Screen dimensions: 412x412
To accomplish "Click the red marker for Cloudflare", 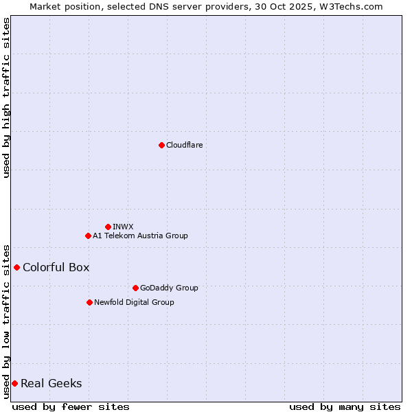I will coord(161,145).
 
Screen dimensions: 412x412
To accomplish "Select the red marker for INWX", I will coord(108,227).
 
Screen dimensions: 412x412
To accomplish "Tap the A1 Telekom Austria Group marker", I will coord(88,236).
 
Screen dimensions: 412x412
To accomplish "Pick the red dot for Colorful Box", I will coord(16,267).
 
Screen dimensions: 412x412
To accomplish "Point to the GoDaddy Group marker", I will coord(135,288).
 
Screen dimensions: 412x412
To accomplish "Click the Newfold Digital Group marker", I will coord(89,302).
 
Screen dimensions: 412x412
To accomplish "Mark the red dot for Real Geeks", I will coord(14,383).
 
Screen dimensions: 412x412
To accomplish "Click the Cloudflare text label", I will coord(184,145).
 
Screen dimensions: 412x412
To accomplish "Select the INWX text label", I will coord(123,227).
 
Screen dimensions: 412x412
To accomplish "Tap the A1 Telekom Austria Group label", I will coord(140,236).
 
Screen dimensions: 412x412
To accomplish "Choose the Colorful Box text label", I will coord(56,267).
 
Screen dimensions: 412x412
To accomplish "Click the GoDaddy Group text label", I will coord(168,288).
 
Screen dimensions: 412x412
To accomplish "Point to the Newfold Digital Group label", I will coord(134,302).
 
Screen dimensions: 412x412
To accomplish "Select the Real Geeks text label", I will coord(51,383).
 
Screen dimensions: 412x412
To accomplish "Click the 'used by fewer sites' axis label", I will coord(71,407).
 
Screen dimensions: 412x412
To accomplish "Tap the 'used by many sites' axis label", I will coord(345,407).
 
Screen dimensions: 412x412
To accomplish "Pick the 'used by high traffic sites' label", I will coord(7,98).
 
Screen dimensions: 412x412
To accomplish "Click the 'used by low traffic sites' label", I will coord(7,321).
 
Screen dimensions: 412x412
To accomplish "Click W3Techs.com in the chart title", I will coord(350,6).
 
